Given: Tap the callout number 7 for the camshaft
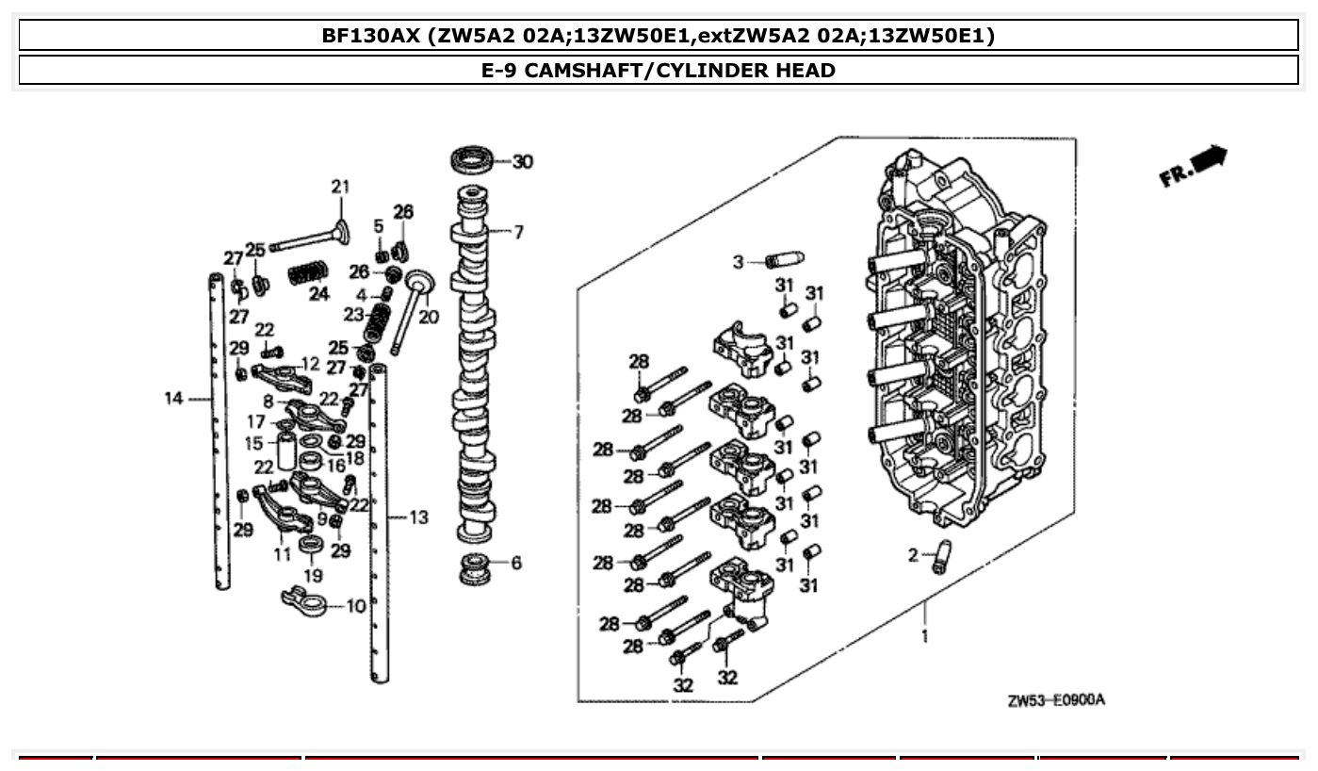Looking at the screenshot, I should [x=518, y=232].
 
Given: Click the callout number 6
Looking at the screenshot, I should [x=515, y=563].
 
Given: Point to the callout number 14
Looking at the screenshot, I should [x=173, y=399].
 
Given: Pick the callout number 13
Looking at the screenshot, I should [x=418, y=517].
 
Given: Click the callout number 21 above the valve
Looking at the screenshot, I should [x=339, y=187].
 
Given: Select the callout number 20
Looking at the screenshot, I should [x=429, y=318].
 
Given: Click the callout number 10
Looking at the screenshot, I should [x=355, y=606].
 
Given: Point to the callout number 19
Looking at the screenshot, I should [x=313, y=575].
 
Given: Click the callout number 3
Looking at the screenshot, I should [x=739, y=262].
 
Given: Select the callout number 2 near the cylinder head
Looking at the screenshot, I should [x=913, y=555].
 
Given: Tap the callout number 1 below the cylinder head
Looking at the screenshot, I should [x=924, y=636].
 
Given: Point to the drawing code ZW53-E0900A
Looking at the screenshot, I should [x=1055, y=701].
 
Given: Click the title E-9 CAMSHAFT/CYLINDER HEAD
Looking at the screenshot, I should [x=659, y=70].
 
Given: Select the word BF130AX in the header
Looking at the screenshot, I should [x=371, y=36].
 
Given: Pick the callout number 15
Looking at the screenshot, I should [x=254, y=443].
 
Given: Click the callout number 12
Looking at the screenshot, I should [x=310, y=363].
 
